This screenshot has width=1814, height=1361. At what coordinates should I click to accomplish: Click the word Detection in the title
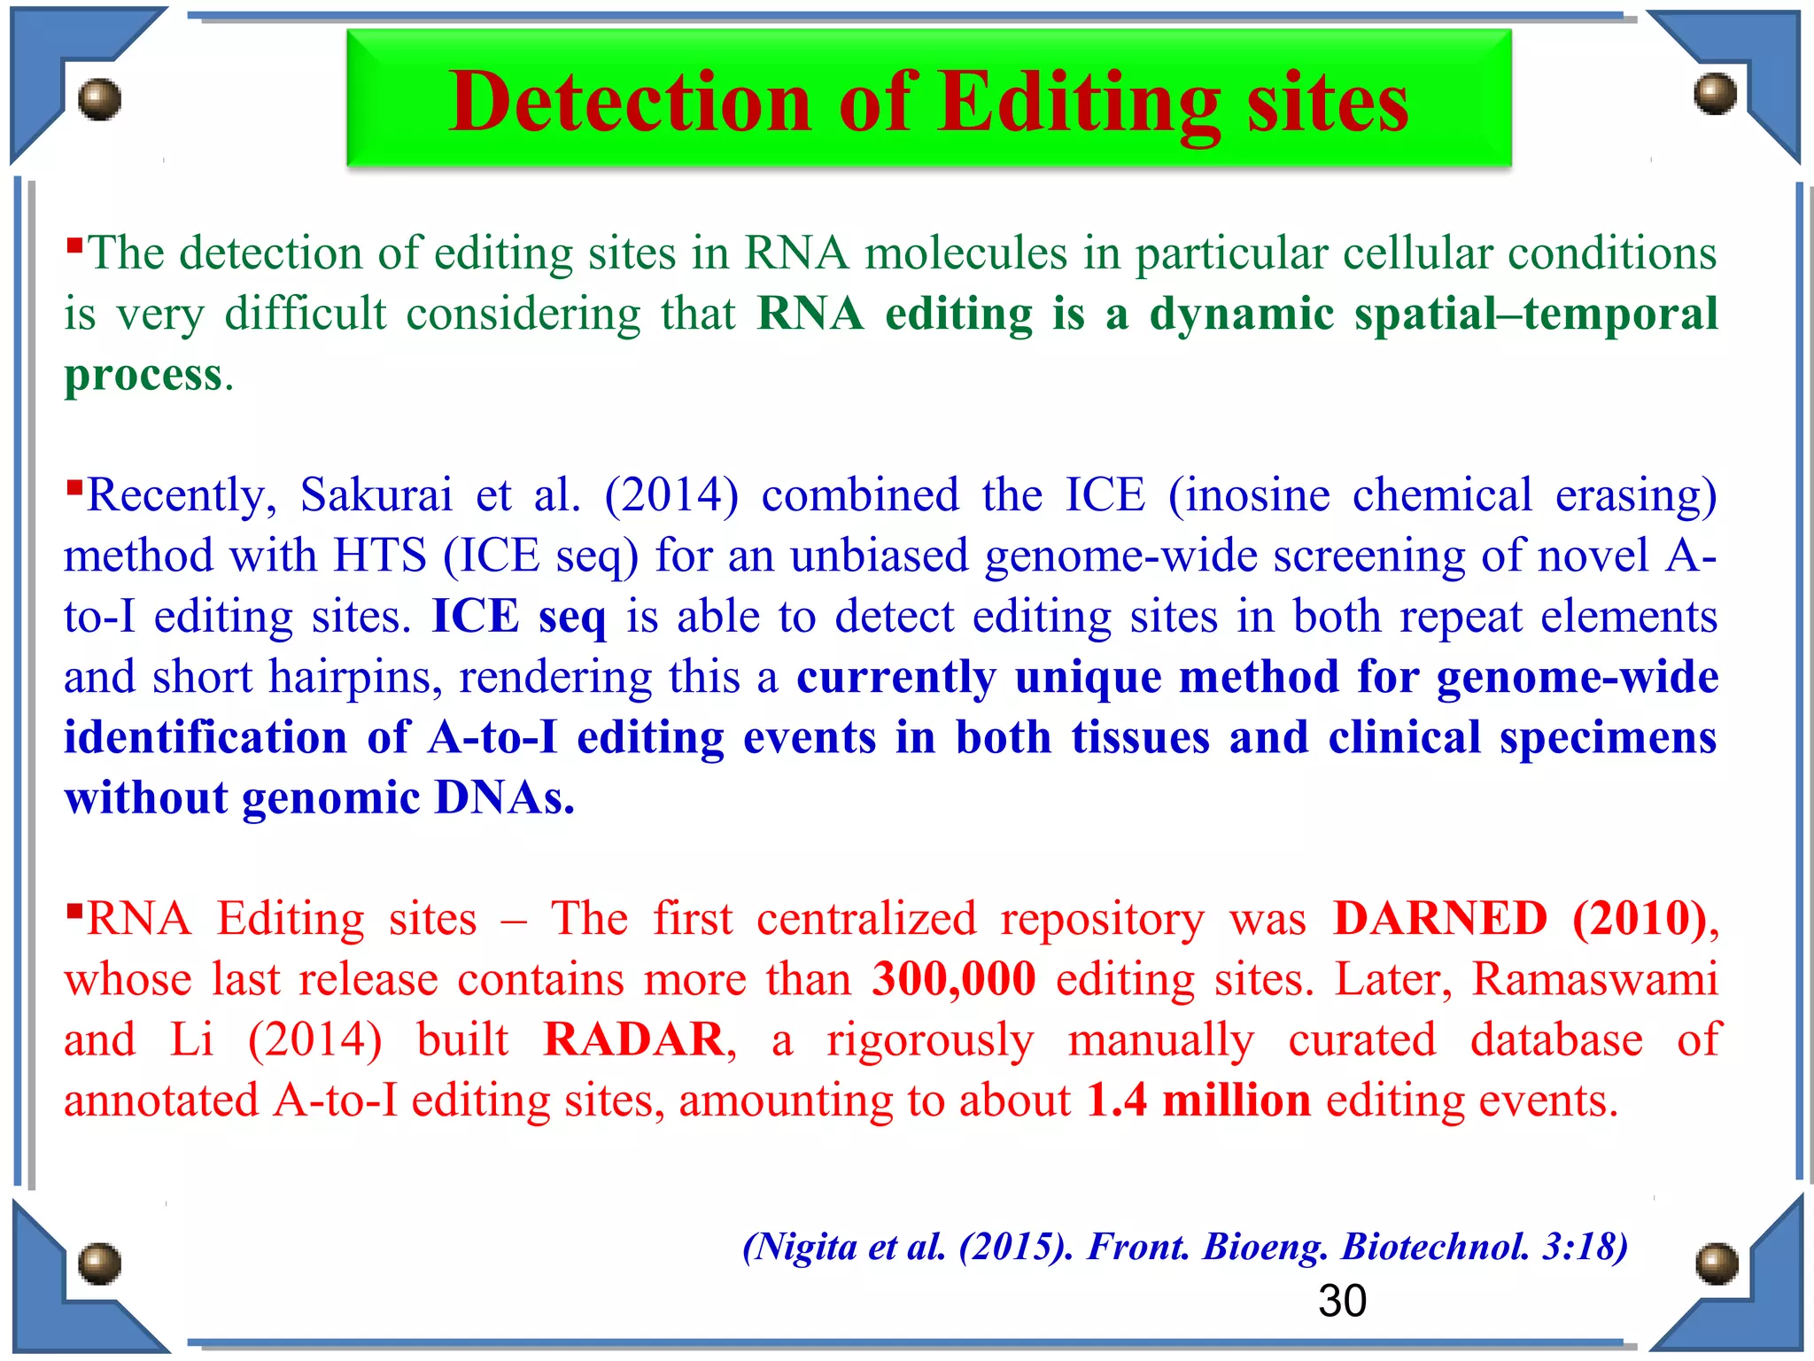click(630, 103)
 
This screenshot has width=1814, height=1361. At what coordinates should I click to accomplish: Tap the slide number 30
click(1342, 1301)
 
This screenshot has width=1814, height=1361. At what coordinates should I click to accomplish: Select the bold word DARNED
click(1440, 919)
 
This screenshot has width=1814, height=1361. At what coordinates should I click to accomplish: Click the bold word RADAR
click(634, 1039)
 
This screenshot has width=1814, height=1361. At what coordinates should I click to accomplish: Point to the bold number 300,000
click(954, 979)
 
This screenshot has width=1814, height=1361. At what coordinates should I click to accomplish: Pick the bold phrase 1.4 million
click(1198, 1100)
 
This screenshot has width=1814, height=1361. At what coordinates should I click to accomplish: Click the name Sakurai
click(376, 494)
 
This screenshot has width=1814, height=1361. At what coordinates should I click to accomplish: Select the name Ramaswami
click(1594, 979)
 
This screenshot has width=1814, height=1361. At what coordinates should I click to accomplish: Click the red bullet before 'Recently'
click(74, 486)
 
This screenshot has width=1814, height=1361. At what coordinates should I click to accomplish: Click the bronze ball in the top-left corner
click(99, 99)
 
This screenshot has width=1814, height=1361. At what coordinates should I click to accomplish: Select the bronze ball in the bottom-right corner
click(1716, 1264)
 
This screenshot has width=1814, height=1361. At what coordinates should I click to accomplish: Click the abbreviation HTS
click(380, 556)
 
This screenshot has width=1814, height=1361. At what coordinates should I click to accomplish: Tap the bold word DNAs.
click(505, 798)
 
